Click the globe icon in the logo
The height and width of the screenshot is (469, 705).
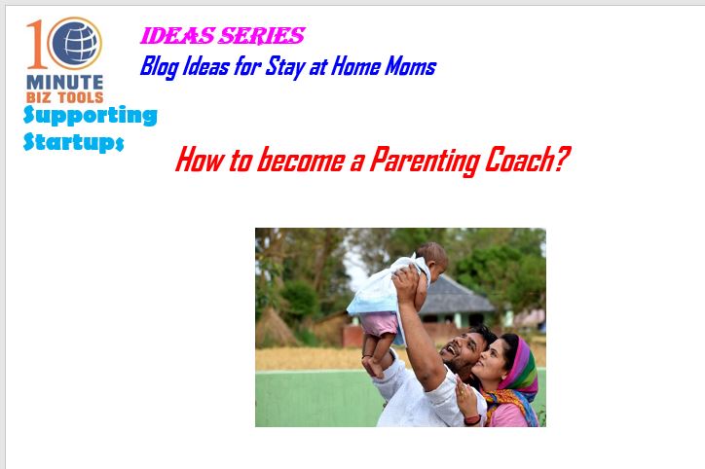tap(75, 43)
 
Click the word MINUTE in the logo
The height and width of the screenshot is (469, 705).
tap(65, 83)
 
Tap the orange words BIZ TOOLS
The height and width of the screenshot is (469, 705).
tap(65, 97)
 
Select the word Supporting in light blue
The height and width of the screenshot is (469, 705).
tap(91, 116)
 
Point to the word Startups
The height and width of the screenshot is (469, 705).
tap(73, 142)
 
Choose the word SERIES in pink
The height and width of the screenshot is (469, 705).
tap(262, 36)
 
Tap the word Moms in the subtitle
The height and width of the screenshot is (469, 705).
tap(411, 66)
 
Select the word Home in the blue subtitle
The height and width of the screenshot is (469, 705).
tap(355, 66)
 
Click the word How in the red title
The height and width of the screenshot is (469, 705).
tap(199, 160)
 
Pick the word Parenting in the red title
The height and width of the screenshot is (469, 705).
tap(424, 162)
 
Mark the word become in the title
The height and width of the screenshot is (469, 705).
tap(300, 160)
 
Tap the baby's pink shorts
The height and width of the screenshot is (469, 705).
tap(380, 323)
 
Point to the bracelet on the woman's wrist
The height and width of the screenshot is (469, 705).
tap(472, 420)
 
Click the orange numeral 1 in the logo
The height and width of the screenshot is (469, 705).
tap(36, 44)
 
